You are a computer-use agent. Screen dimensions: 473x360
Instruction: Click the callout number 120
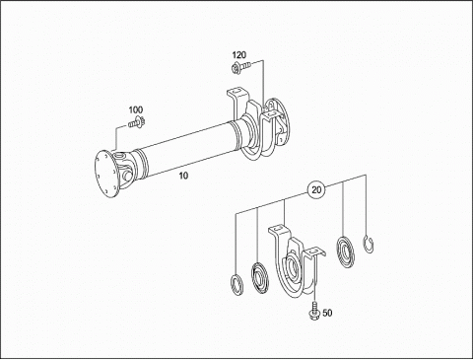coord(239,55)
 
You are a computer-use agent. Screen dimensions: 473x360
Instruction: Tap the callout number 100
coord(135,109)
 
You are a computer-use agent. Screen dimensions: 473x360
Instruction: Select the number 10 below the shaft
coord(183,176)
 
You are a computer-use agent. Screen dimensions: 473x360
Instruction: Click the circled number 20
coord(316,190)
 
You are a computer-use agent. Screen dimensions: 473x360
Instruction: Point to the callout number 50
coord(327,313)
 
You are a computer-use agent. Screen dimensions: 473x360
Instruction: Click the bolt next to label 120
coord(241,68)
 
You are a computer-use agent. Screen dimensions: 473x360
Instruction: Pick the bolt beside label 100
coord(137,122)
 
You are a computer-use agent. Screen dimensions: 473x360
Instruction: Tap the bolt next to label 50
coord(314,311)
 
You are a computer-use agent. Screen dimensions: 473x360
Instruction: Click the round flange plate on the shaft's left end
coord(106,174)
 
